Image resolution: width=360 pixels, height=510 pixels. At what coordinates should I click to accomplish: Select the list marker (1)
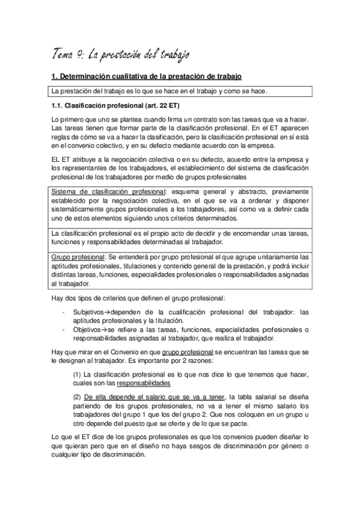tap(77, 373)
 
